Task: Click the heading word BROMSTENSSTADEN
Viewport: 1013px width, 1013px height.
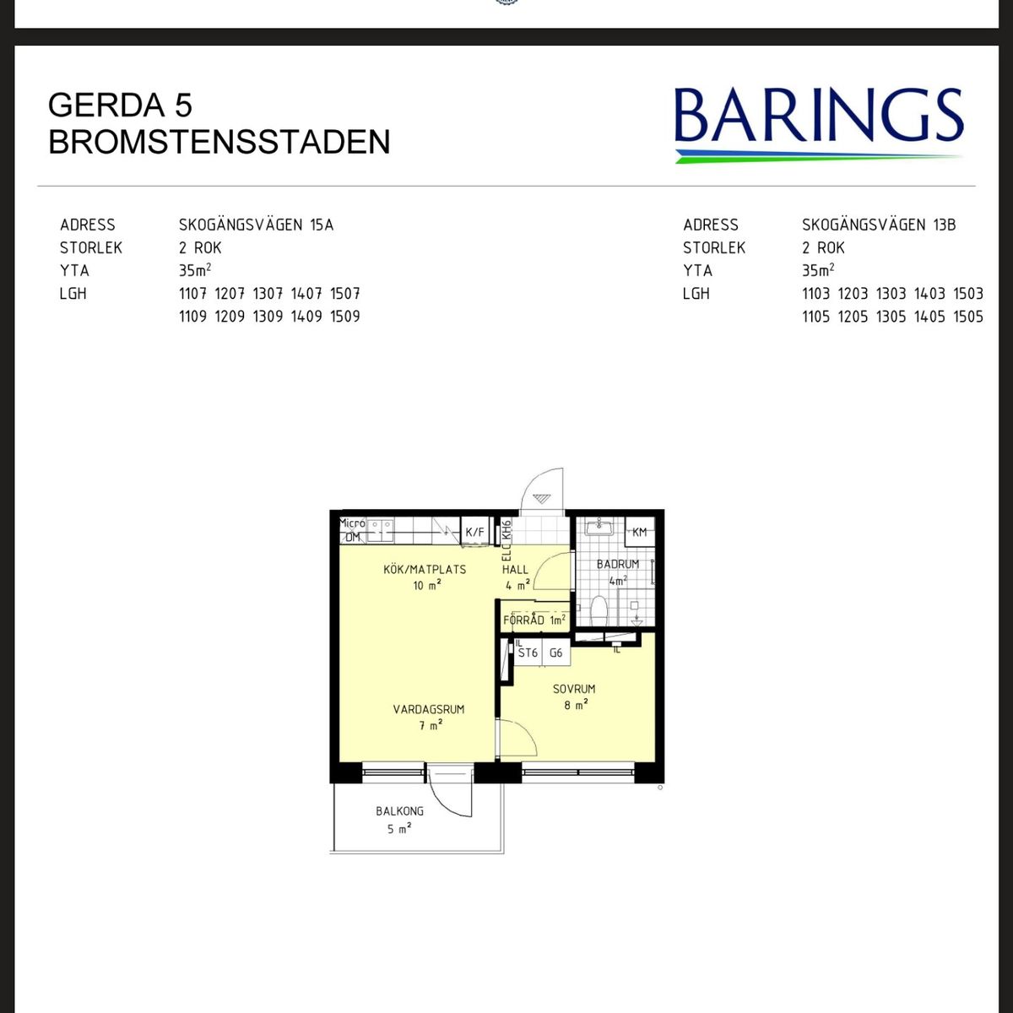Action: (x=219, y=142)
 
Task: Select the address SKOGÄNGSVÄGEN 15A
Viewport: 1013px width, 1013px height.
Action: (x=256, y=225)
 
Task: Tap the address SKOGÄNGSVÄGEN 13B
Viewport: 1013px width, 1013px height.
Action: (x=879, y=225)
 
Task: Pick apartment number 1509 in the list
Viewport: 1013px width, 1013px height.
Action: (x=345, y=317)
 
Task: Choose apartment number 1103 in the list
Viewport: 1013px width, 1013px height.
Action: (x=815, y=293)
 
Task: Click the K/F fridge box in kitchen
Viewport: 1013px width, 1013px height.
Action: (x=474, y=532)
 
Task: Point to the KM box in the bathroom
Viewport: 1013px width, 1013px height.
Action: (x=639, y=532)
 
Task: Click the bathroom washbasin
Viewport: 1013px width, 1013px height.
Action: (x=599, y=527)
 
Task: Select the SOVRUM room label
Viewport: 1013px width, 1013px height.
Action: (x=574, y=689)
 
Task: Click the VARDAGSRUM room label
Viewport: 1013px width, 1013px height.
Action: (x=429, y=709)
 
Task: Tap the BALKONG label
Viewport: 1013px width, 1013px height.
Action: (x=399, y=811)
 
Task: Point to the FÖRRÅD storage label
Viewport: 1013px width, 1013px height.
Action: (x=523, y=620)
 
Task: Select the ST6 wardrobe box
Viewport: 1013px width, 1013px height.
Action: (x=528, y=653)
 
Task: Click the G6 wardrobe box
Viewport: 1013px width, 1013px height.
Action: (x=556, y=653)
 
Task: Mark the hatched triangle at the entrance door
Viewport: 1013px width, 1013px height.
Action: (x=541, y=498)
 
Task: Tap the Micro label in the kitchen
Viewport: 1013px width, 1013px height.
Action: (x=352, y=523)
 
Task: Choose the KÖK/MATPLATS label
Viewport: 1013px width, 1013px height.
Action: (x=425, y=569)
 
